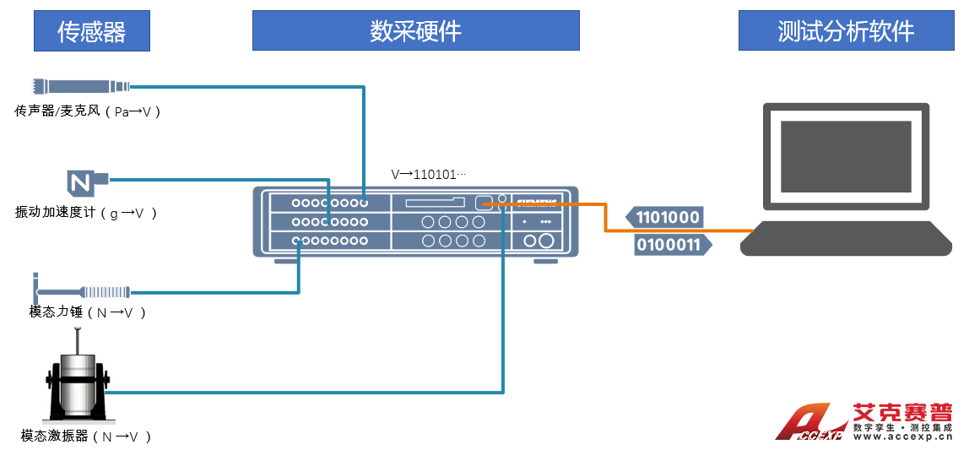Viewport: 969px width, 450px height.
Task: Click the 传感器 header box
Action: (x=91, y=31)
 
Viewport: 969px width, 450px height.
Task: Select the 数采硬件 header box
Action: (x=415, y=31)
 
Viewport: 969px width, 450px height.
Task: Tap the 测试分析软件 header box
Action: (x=846, y=31)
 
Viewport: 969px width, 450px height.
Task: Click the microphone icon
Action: (x=81, y=85)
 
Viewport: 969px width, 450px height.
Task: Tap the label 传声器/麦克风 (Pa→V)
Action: (x=88, y=111)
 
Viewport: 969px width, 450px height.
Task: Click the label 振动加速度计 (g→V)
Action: (x=87, y=213)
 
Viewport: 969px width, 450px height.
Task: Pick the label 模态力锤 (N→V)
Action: (x=89, y=312)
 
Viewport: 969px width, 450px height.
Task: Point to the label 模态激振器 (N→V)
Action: (x=87, y=436)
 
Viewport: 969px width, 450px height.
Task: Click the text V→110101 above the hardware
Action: (x=429, y=175)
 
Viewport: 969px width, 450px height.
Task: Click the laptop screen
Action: (x=846, y=156)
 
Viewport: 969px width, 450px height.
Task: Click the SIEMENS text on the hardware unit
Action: (x=538, y=203)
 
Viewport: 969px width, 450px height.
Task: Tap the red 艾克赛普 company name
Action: (x=902, y=413)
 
